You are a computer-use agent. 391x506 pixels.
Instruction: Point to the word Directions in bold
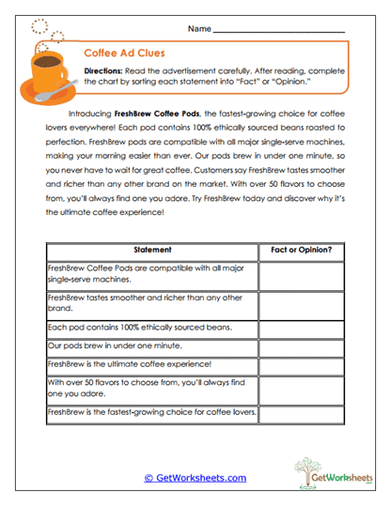tap(105, 71)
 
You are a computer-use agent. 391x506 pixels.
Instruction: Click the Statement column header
tap(152, 250)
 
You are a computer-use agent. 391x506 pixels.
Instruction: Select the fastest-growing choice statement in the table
tap(151, 413)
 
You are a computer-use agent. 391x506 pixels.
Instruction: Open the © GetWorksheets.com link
tap(195, 478)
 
